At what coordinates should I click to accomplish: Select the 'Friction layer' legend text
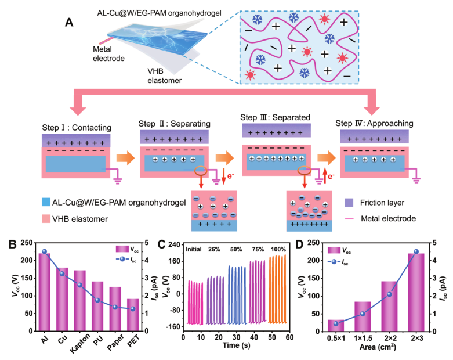pos(382,203)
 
